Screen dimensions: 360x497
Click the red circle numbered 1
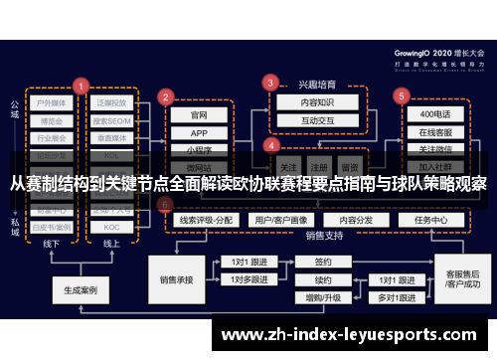coord(81,86)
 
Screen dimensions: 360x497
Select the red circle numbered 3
coord(268,82)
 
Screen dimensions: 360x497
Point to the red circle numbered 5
coord(402,96)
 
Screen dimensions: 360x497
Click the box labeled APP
coord(200,133)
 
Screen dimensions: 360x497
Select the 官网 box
coord(200,115)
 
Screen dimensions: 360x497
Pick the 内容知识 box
coord(304,101)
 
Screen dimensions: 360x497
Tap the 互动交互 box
coord(304,119)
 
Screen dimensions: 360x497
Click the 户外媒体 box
coord(52,102)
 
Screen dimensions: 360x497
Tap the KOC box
coord(111,227)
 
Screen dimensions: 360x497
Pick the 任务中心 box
coord(430,219)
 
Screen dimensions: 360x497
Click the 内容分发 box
coord(354,219)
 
